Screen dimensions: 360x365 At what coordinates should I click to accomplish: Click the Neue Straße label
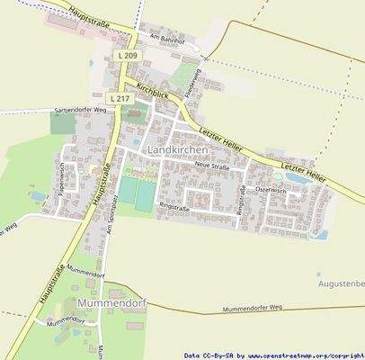pyautogui.click(x=211, y=166)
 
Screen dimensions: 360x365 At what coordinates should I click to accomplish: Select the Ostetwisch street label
pyautogui.click(x=270, y=190)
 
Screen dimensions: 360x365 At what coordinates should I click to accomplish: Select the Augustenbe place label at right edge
pyautogui.click(x=342, y=284)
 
